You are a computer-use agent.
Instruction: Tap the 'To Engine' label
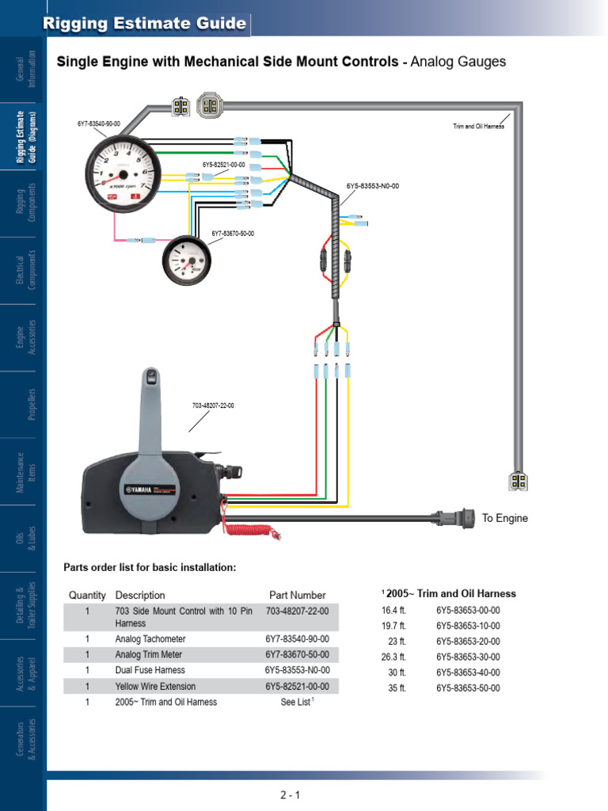click(505, 518)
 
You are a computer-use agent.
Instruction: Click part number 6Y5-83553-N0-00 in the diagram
click(373, 186)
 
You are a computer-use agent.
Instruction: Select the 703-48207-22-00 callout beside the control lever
click(213, 405)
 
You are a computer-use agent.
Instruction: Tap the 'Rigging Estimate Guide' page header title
click(144, 24)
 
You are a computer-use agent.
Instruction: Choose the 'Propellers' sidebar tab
click(32, 404)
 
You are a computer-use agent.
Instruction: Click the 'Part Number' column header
click(297, 595)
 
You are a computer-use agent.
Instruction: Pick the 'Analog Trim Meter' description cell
click(148, 654)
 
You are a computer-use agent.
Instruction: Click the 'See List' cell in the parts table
click(297, 702)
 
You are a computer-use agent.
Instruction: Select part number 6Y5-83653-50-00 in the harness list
click(468, 688)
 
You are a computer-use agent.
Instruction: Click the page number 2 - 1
click(290, 794)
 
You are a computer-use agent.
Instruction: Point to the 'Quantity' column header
click(87, 595)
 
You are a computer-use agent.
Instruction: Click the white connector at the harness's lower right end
click(516, 481)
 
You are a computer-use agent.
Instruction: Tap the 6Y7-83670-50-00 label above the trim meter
click(233, 234)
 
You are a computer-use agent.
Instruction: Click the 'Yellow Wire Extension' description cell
click(155, 686)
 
